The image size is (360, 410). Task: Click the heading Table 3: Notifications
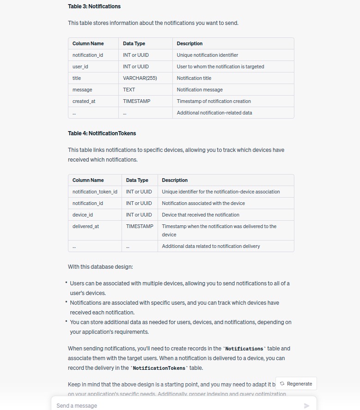[94, 6]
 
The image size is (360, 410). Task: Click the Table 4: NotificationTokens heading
[102, 133]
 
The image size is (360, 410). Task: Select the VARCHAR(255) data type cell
[140, 78]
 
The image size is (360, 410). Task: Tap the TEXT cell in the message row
[129, 90]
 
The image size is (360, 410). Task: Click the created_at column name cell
[84, 101]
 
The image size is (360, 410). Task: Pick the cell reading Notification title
[194, 78]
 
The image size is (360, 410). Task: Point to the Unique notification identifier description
[207, 55]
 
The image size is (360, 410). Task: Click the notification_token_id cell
[95, 192]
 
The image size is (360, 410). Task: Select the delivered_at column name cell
[85, 226]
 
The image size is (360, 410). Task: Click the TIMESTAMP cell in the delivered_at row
[140, 226]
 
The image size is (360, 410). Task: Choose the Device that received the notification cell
[201, 215]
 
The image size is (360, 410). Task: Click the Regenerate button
[296, 384]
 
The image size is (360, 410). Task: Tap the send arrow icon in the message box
[307, 406]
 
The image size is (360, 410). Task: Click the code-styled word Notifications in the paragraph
[244, 349]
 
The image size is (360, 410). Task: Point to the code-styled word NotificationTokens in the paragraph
[159, 368]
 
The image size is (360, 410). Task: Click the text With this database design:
[100, 267]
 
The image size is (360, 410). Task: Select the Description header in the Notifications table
[189, 43]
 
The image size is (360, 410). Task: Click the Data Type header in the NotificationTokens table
[137, 180]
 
